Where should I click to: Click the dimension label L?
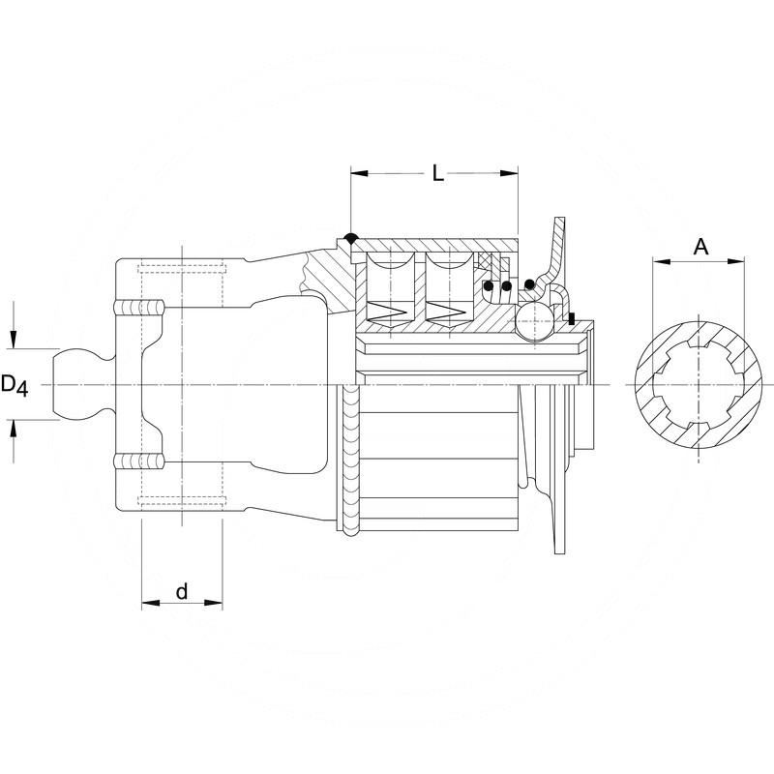[x=437, y=174]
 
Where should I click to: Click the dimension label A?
[x=701, y=247]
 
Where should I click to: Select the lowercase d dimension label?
[x=181, y=591]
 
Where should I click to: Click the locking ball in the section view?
[x=534, y=321]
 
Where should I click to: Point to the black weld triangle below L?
[x=350, y=238]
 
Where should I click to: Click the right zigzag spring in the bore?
[x=447, y=313]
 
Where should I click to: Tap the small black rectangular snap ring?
[x=573, y=318]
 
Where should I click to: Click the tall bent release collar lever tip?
[x=558, y=224]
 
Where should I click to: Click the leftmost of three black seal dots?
[x=491, y=286]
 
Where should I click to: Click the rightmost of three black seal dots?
[x=529, y=283]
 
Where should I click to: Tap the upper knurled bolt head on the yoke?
[x=139, y=308]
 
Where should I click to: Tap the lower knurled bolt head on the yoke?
[x=139, y=461]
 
